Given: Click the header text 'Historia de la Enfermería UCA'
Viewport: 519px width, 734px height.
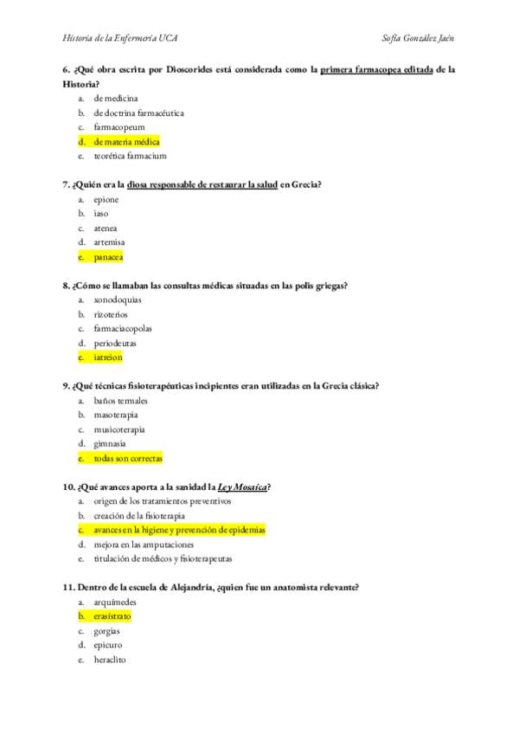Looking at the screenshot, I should pos(121,38).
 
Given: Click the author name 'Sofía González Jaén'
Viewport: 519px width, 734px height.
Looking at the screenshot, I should pos(419,38).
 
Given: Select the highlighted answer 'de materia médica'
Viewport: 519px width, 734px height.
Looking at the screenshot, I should pos(126,141).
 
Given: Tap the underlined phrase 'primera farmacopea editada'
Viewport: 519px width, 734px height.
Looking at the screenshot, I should pos(376,69).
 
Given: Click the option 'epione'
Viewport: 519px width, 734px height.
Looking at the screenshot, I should pos(106,199).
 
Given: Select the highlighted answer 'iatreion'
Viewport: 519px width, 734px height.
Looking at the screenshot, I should pos(108,357).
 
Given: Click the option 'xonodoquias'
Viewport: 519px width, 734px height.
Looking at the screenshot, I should pos(119,299).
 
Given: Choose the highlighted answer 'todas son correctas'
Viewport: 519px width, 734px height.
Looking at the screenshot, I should pos(128,458).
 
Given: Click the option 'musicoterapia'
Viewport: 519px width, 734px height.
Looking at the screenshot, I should pos(119,428).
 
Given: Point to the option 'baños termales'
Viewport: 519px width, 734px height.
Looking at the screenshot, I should pos(120,401).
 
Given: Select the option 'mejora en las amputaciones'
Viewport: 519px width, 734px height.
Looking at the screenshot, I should pos(144,544).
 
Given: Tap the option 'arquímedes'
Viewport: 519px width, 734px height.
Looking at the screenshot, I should pos(115,602).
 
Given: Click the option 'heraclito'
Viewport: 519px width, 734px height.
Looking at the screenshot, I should pos(110,660).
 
